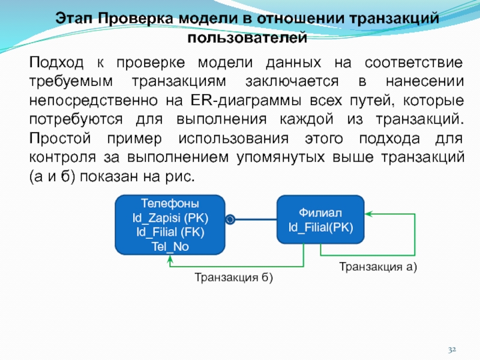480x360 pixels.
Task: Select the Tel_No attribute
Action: (x=170, y=245)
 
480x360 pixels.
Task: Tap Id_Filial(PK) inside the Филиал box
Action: (x=320, y=227)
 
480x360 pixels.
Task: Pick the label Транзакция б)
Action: (x=233, y=277)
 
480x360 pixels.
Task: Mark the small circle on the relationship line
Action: (x=229, y=220)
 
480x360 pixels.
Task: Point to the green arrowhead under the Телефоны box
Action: (x=171, y=259)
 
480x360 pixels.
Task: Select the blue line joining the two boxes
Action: (x=254, y=220)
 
